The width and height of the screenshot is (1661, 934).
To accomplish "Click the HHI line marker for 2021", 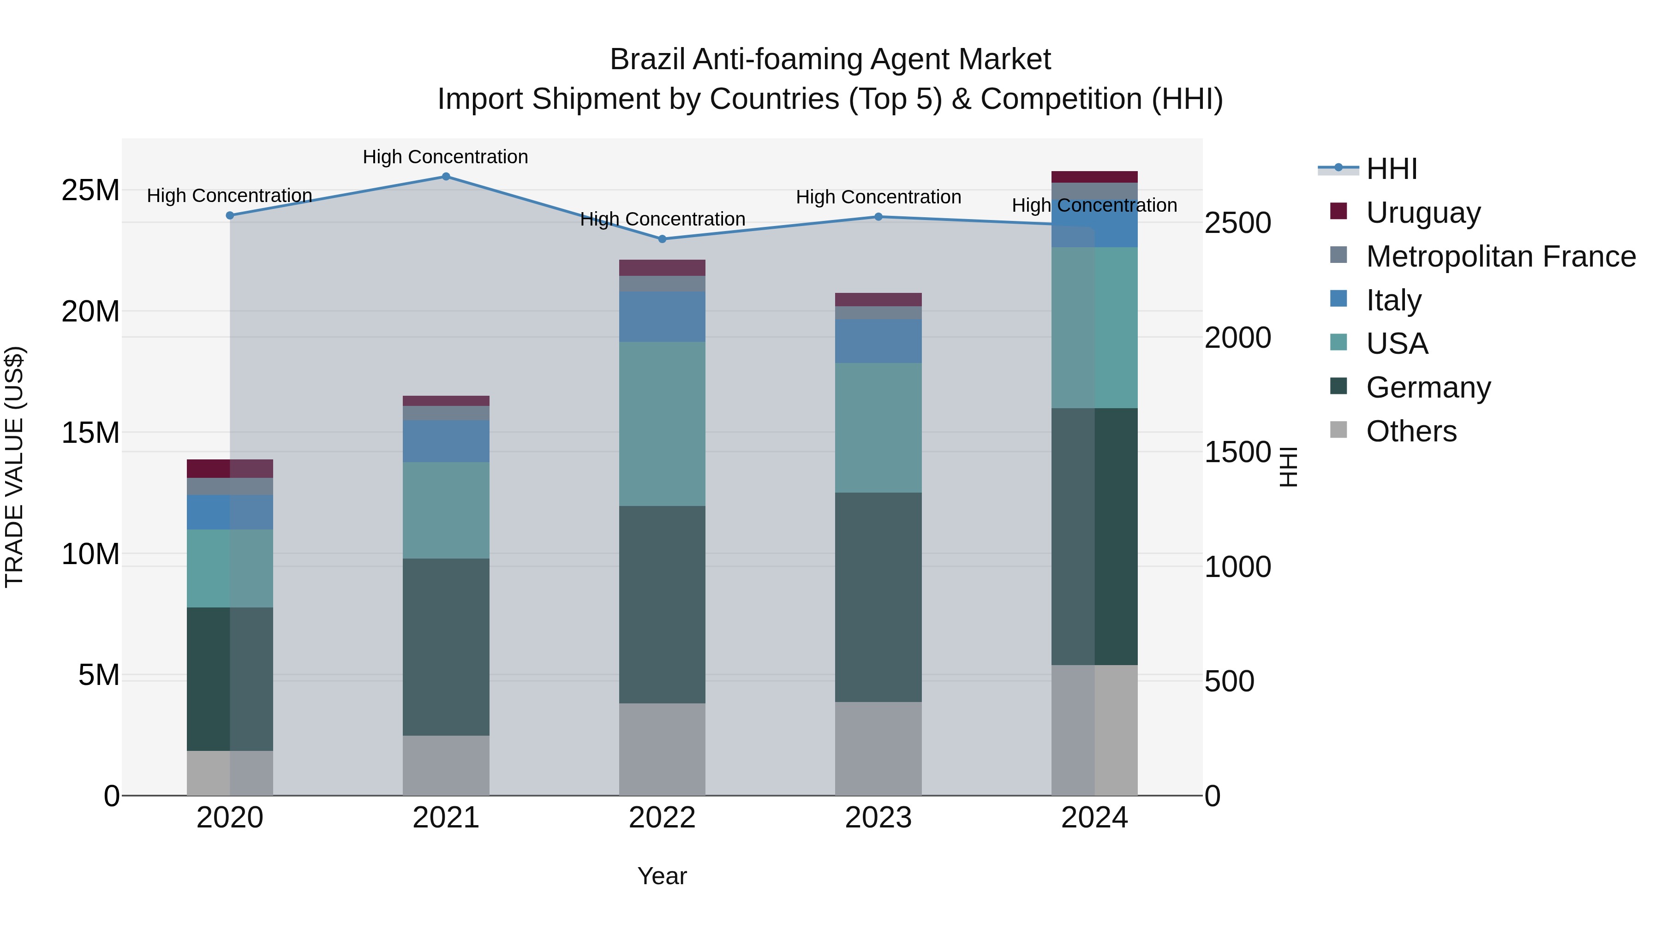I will [446, 177].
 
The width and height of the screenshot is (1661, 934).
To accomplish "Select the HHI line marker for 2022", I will [662, 239].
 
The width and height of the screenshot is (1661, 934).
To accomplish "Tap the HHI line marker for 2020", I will [230, 215].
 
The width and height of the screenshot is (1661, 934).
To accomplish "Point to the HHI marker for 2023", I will [878, 217].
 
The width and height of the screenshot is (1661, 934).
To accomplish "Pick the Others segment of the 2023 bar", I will [878, 749].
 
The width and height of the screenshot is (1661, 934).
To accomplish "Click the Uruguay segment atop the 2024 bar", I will [1094, 177].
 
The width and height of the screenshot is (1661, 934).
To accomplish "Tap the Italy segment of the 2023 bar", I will [878, 341].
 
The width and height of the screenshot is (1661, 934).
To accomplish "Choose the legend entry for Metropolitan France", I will [1500, 256].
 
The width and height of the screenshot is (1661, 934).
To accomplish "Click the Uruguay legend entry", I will [1423, 213].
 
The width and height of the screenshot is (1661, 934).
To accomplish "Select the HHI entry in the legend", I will [1392, 169].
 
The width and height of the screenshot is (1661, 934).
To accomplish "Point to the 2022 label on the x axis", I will [662, 818].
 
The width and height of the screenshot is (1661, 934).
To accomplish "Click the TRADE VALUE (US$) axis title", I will [14, 467].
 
